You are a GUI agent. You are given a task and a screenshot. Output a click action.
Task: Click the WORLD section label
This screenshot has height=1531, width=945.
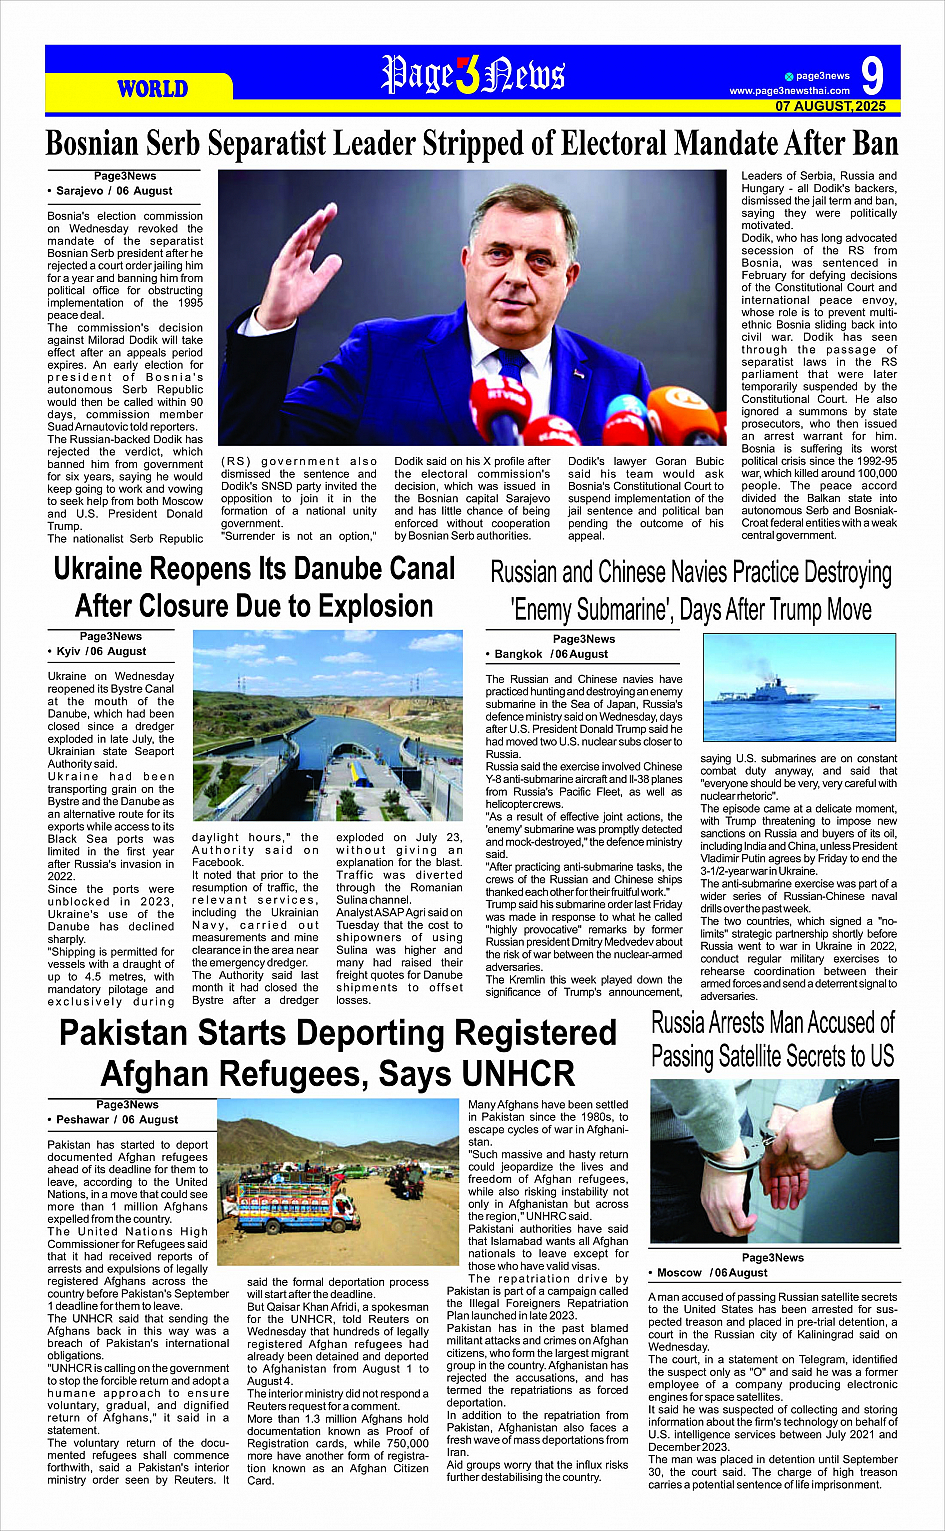[152, 89]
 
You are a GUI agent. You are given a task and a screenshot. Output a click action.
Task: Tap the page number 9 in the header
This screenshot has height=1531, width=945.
[872, 76]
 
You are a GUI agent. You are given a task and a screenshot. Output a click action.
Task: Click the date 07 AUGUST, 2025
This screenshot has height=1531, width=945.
[830, 106]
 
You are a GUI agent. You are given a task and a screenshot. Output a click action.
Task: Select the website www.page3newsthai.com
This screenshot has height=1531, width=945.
[789, 91]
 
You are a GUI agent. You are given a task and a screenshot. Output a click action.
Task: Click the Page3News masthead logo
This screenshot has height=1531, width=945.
[473, 75]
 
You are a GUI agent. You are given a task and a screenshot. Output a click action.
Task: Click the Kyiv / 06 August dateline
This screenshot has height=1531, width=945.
[101, 651]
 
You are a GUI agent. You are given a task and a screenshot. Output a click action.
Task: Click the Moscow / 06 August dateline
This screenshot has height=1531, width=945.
[712, 1273]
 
